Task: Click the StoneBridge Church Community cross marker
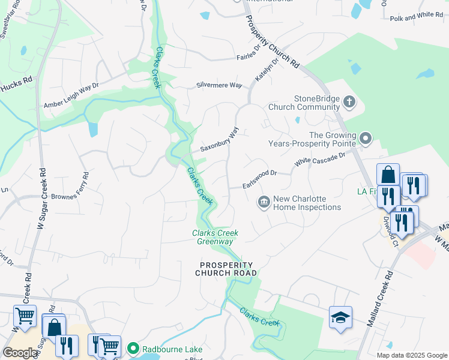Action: (350, 103)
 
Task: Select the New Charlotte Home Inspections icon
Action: (264, 203)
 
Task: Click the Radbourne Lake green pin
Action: (131, 349)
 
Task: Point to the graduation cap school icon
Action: (340, 317)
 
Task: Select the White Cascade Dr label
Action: (320, 159)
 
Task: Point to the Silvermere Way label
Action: (219, 86)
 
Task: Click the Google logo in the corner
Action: (20, 353)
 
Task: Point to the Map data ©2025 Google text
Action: (412, 355)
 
